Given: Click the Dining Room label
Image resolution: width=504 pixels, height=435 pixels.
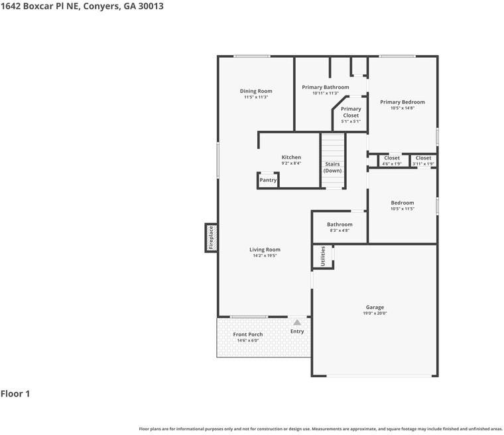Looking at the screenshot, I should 256,91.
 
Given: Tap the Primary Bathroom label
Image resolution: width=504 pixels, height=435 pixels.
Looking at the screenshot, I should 325,87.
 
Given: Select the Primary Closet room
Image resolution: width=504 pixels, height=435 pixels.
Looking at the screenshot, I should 351,114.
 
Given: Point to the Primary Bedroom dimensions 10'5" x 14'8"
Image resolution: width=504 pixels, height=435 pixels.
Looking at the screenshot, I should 402,108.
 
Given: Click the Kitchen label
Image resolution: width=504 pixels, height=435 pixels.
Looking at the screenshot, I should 291,157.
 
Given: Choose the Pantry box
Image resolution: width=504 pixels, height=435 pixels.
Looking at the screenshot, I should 268,180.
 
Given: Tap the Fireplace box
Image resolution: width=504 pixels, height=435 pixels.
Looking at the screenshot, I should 211,238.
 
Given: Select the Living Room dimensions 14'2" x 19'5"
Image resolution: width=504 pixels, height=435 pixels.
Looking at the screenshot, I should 265,256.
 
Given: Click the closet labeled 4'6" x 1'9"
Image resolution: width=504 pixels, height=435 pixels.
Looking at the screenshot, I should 392,161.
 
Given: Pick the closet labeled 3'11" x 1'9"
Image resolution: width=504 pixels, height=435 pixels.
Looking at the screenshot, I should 423,161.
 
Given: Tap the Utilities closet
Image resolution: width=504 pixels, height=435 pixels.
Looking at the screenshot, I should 323,256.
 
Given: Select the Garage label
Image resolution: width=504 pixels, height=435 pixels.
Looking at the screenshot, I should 375,307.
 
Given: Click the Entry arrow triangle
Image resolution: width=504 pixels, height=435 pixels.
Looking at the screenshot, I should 297,322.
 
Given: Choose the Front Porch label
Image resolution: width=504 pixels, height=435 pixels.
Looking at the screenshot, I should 248,334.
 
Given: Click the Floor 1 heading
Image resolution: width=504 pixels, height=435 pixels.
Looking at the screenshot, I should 15,394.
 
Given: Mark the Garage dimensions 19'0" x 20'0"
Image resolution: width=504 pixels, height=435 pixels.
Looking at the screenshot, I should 375,313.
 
